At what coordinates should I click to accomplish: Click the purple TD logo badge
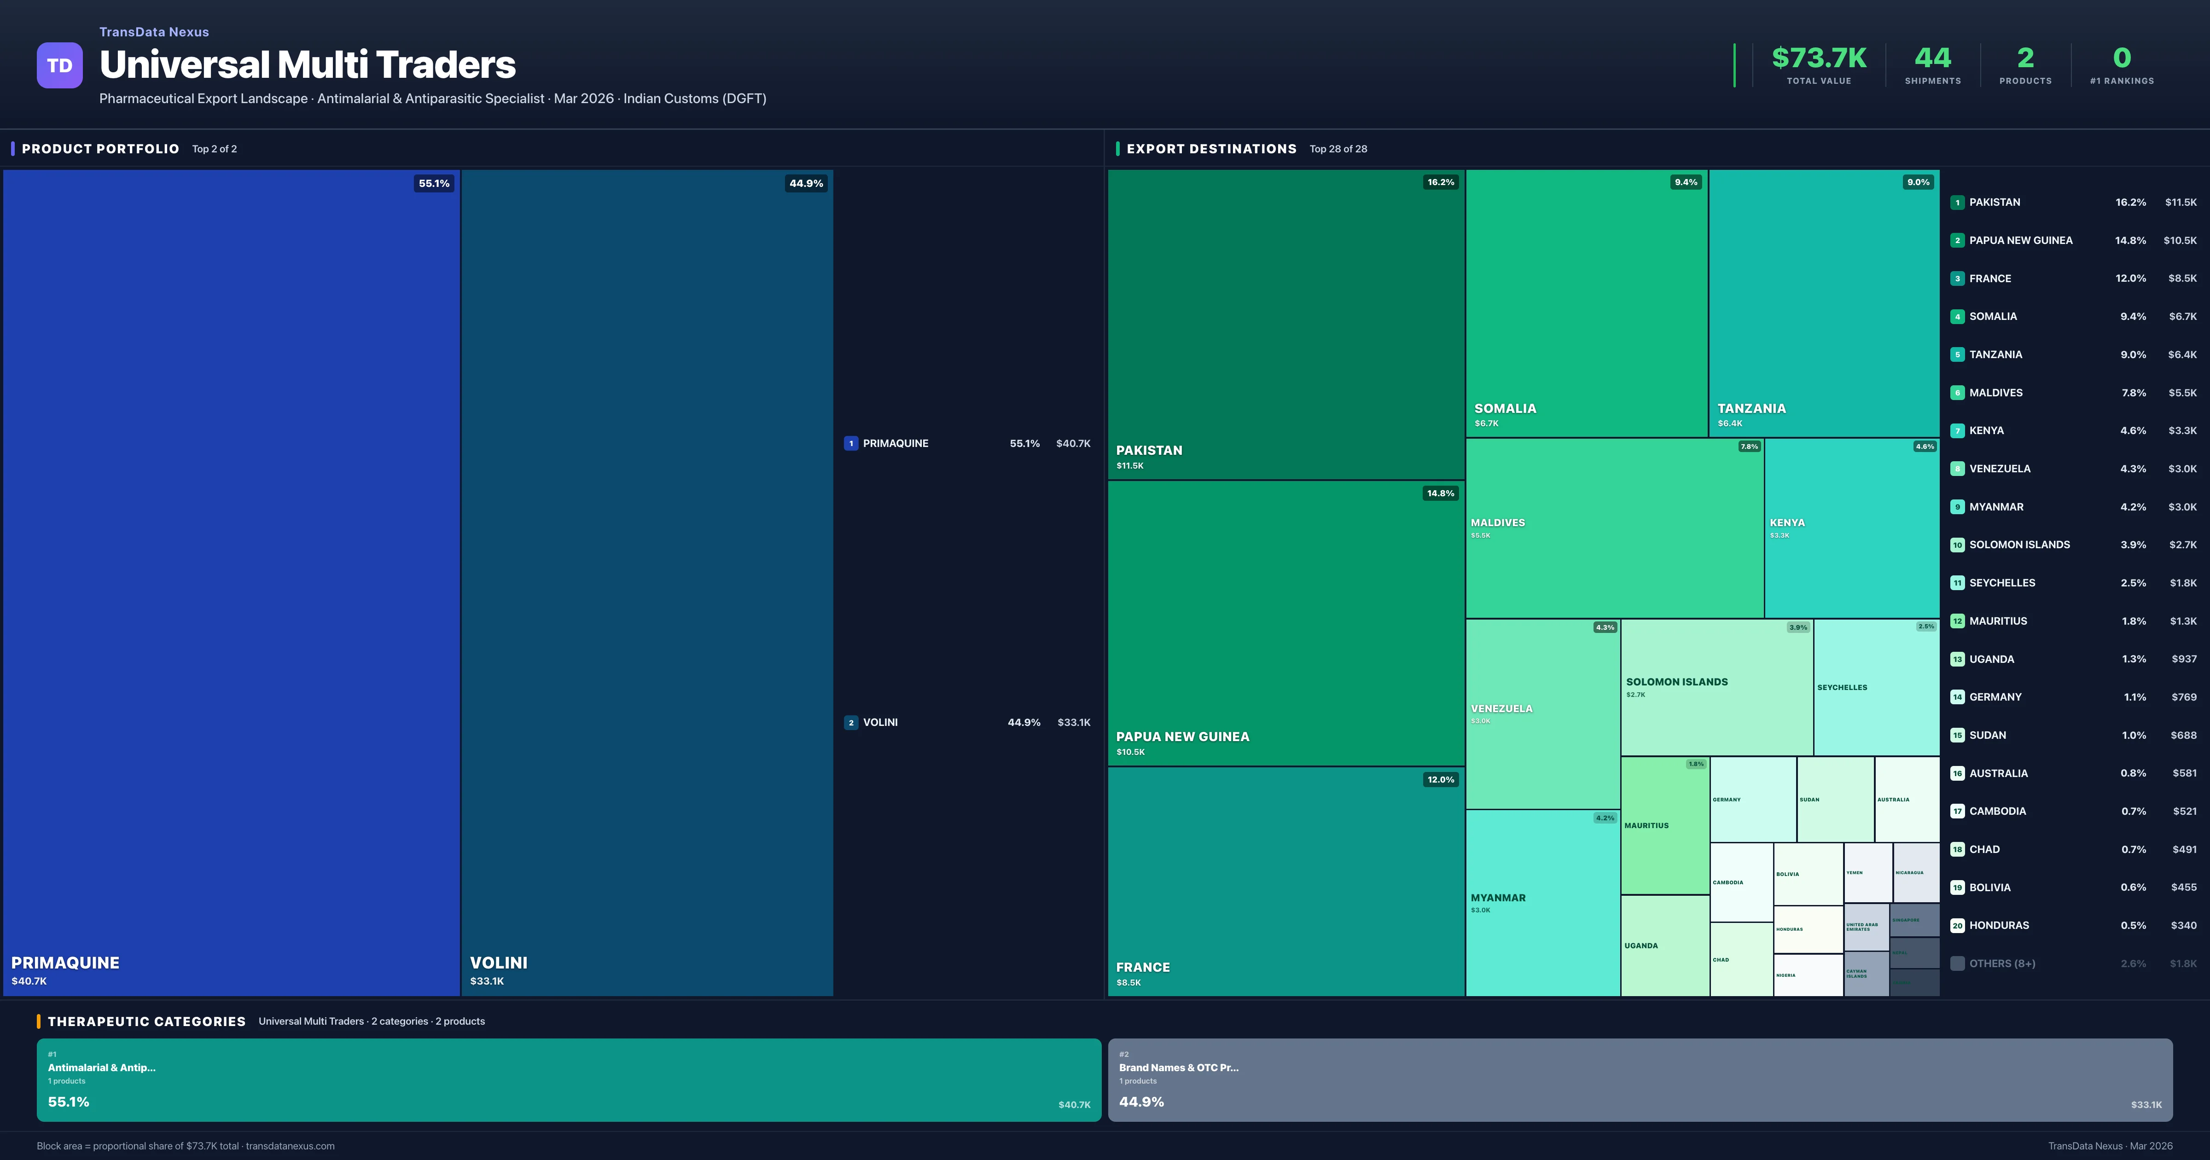point(59,65)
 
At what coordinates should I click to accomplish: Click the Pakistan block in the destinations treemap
point(1285,325)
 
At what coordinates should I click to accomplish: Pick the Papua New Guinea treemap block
point(1285,623)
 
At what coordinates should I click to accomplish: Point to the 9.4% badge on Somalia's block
point(1685,182)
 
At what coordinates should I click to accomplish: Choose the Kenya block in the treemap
point(1851,528)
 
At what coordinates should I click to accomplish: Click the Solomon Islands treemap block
point(1716,686)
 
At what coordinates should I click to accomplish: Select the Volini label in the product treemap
point(499,963)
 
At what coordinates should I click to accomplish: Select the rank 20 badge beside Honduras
point(1957,926)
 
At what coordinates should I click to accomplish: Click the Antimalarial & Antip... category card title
point(101,1067)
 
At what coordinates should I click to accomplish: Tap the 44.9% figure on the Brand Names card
point(1141,1102)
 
